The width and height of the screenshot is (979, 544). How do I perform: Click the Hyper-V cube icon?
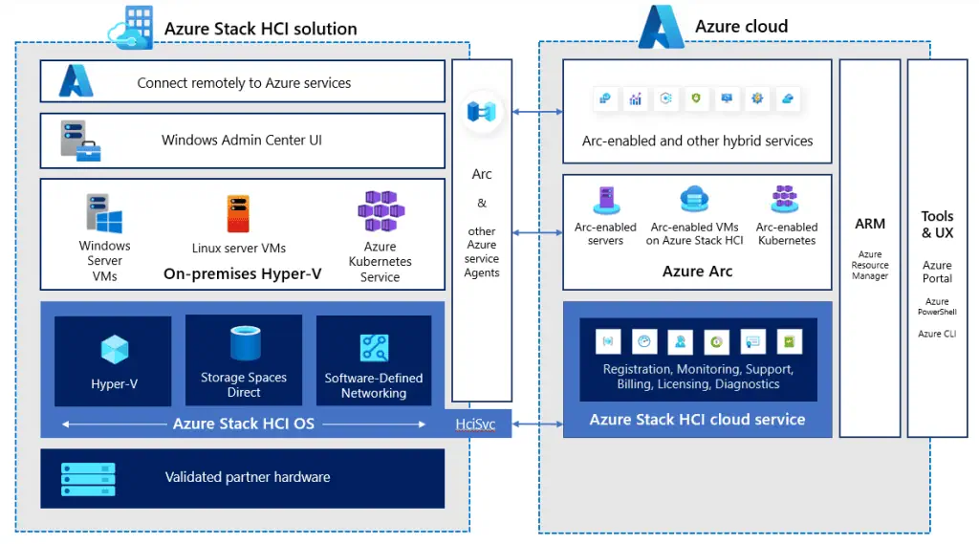coord(114,348)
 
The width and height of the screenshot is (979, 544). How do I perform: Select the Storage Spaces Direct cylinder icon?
coord(244,343)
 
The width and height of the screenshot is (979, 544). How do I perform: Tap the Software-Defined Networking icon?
coord(373,347)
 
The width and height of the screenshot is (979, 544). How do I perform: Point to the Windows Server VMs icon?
coord(104,214)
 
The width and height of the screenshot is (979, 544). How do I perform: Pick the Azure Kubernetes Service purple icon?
coord(380,212)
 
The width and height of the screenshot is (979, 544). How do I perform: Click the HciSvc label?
coord(475,424)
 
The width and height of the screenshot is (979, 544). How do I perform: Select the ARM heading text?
coord(870,224)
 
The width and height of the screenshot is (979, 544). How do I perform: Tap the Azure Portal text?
coord(937,272)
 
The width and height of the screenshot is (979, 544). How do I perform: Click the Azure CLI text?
coord(937,334)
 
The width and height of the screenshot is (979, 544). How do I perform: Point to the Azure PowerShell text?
coord(937,307)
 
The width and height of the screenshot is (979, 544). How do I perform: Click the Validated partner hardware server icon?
coord(88,477)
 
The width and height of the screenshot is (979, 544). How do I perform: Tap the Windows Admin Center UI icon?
coord(80,141)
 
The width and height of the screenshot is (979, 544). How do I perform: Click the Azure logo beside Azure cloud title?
coord(662,27)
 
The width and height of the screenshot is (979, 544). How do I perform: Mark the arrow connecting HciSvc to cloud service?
coord(537,424)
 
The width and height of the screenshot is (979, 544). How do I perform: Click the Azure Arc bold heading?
coord(697,272)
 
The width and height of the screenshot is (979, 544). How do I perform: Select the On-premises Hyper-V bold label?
coord(242,273)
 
